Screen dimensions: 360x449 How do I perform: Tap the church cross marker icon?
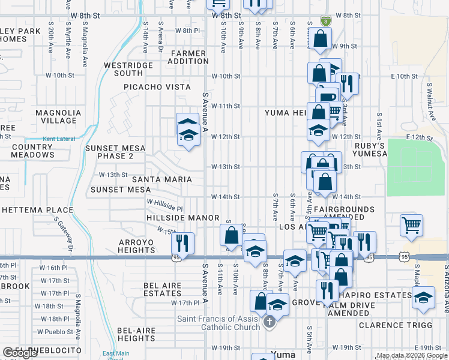click(x=270, y=323)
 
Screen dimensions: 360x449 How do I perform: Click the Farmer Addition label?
click(x=188, y=58)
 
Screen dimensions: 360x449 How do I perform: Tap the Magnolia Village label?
click(x=58, y=116)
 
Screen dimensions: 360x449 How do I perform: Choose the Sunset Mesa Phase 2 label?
click(x=109, y=152)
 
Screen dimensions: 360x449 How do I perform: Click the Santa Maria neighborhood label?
click(x=162, y=179)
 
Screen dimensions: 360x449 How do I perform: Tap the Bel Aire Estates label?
click(x=163, y=290)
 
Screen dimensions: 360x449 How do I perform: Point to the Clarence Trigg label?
click(x=395, y=325)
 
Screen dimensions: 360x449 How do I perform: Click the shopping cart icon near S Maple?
click(x=412, y=226)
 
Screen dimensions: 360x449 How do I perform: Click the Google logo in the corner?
click(x=20, y=353)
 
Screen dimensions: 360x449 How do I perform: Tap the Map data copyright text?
click(x=411, y=355)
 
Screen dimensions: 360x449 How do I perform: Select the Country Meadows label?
click(x=32, y=151)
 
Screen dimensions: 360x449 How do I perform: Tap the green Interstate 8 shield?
click(x=325, y=20)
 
